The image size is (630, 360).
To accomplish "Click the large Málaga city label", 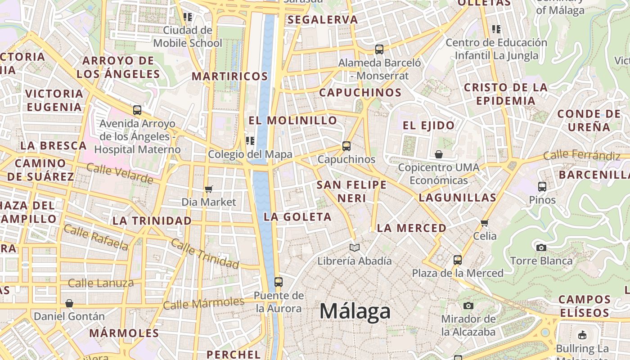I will pyautogui.click(x=355, y=311).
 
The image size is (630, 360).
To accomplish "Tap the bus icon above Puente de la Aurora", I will pyautogui.click(x=279, y=282).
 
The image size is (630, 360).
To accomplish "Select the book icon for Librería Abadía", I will pyautogui.click(x=355, y=247).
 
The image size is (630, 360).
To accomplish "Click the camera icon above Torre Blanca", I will pyautogui.click(x=541, y=247).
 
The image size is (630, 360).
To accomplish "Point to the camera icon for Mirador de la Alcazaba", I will pyautogui.click(x=468, y=306).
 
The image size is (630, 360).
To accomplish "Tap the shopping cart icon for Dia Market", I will pyautogui.click(x=208, y=189).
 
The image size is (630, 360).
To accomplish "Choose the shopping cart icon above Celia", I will pyautogui.click(x=485, y=223).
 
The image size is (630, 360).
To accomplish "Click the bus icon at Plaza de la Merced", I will pyautogui.click(x=458, y=260).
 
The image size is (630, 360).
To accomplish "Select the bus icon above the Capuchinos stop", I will pyautogui.click(x=346, y=146).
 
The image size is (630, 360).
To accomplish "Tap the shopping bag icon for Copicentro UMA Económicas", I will pyautogui.click(x=439, y=154).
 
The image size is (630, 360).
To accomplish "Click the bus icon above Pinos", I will pyautogui.click(x=542, y=186).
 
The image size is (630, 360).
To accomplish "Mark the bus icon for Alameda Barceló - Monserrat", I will pyautogui.click(x=379, y=49).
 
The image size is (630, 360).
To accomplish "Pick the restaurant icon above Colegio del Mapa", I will pyautogui.click(x=250, y=141).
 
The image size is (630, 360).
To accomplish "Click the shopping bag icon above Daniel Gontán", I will pyautogui.click(x=69, y=303).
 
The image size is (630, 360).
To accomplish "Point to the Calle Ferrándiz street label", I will pyautogui.click(x=581, y=156).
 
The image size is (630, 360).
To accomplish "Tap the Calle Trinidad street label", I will pyautogui.click(x=205, y=253).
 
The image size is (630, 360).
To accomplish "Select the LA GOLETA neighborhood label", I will pyautogui.click(x=297, y=217).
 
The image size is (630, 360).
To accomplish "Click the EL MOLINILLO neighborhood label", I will pyautogui.click(x=292, y=121).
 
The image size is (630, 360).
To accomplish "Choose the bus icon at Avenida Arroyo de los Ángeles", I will pyautogui.click(x=137, y=110).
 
